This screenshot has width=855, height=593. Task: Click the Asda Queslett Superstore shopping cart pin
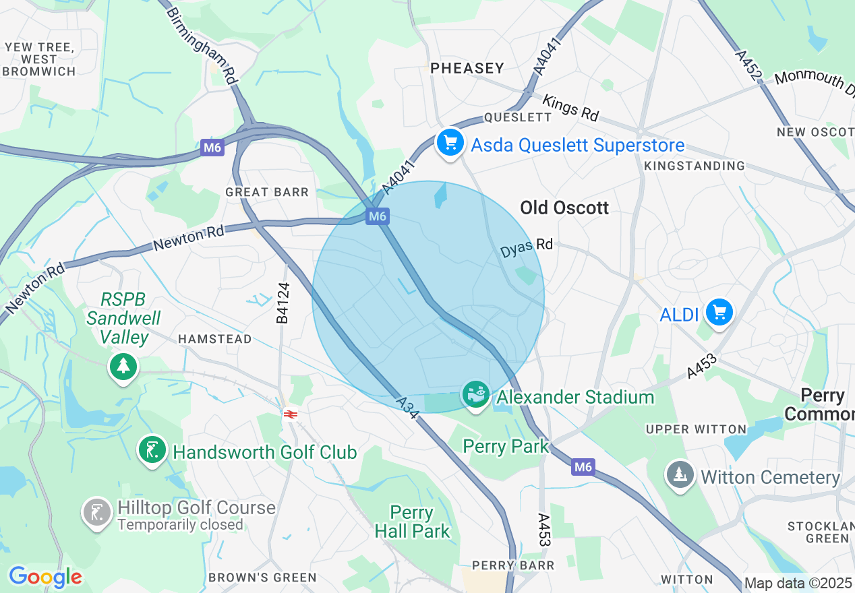click(450, 143)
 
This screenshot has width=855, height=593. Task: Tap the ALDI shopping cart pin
click(719, 313)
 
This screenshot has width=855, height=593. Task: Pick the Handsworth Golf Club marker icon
click(152, 450)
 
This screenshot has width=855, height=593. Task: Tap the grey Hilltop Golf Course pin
click(96, 513)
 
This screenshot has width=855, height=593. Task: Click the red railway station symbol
click(291, 415)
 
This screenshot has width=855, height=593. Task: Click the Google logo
click(45, 577)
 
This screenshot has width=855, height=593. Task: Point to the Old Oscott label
click(564, 208)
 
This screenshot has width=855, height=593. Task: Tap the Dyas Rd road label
click(526, 248)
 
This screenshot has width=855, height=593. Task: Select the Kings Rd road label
click(570, 108)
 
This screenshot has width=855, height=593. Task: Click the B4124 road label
click(283, 303)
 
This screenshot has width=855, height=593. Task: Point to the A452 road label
click(748, 66)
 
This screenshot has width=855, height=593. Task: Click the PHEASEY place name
click(467, 68)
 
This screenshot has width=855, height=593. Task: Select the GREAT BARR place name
click(267, 192)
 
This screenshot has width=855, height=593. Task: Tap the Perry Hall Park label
click(412, 522)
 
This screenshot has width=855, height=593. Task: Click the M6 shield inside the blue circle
click(378, 216)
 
